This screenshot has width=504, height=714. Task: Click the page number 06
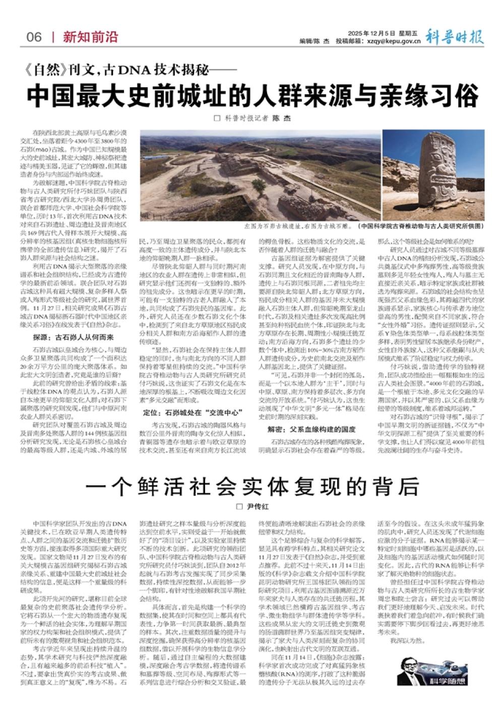34,37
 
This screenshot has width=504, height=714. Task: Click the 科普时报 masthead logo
454,37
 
